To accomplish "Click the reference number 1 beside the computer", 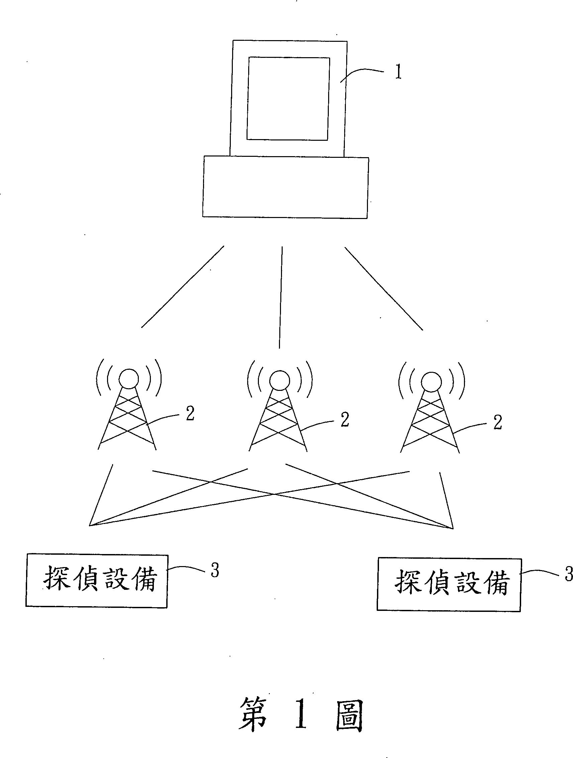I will pos(398,72).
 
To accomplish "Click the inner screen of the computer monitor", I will pos(288,99).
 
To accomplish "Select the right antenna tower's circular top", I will pos(432,382).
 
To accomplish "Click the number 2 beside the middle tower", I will pos(345,420).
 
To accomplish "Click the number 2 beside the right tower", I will pos(497,423).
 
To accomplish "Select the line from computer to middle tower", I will pos(281,298).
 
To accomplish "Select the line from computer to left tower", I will pos(182,287).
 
